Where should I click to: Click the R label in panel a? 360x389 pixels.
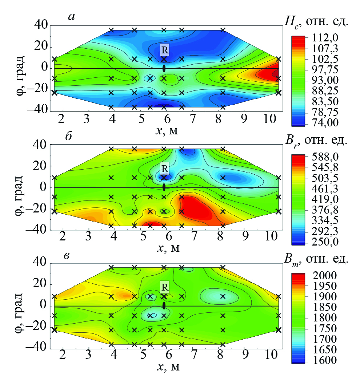tap(165, 49)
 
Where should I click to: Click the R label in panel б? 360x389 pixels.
tap(165, 168)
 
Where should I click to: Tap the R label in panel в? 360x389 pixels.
tap(165, 287)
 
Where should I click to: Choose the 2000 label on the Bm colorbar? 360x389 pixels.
tap(319, 275)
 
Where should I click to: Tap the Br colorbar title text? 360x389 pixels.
tap(317, 142)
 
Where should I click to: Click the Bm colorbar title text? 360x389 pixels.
tap(317, 260)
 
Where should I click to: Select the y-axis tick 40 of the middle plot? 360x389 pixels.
tap(41, 145)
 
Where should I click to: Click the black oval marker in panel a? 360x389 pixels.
tap(164, 68)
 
